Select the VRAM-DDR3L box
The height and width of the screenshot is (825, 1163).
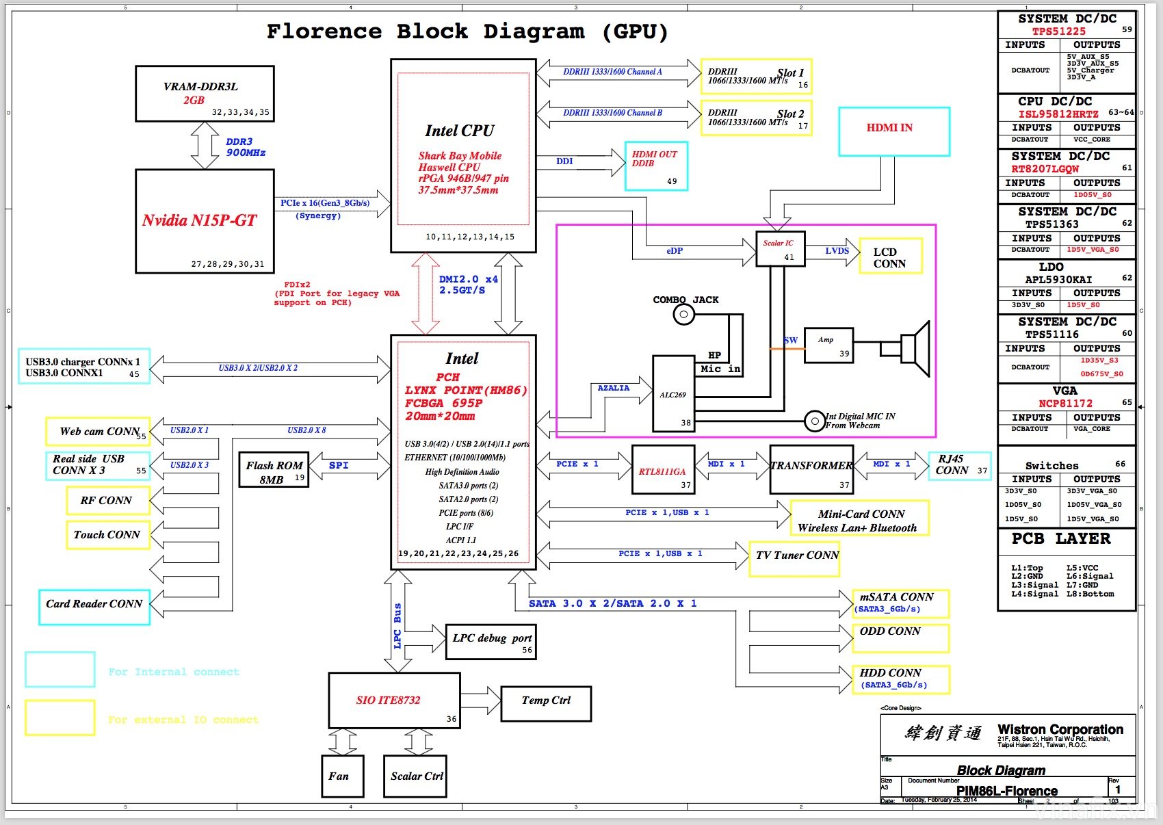205,94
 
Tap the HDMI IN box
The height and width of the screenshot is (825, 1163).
893,131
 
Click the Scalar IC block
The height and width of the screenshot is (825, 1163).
780,249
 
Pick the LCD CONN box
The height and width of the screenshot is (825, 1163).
889,257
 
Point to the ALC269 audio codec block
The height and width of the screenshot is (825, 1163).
673,394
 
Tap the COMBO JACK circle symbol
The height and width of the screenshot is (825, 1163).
684,315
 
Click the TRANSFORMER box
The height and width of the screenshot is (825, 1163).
811,469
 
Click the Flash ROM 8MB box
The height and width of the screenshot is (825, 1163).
274,470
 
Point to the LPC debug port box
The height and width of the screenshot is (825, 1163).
491,642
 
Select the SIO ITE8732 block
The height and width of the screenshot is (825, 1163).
394,700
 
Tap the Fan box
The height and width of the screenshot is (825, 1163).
342,776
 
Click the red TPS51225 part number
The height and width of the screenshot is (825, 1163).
1058,31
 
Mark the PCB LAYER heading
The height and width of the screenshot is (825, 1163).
1060,539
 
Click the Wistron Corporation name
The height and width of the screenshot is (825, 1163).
1060,730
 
